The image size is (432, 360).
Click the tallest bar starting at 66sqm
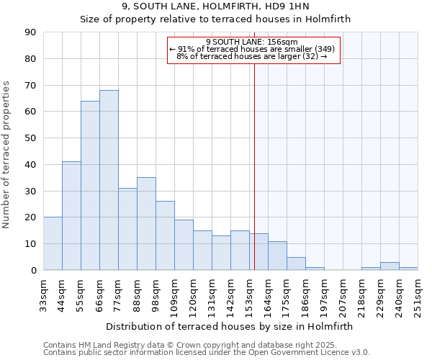(109, 180)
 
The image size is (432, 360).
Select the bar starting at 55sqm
(90, 186)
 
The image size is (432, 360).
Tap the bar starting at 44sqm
(71, 216)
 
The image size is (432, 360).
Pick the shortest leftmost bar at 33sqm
(53, 243)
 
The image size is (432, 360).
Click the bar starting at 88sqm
(146, 224)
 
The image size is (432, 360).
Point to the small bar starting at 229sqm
(390, 266)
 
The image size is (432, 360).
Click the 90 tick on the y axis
(30, 32)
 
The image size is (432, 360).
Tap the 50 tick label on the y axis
(30, 138)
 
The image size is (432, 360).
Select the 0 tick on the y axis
(33, 270)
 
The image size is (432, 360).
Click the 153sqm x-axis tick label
(249, 293)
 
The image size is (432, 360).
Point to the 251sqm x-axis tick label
(418, 293)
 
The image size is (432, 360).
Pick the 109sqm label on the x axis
(174, 293)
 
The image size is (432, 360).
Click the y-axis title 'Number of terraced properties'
(7, 155)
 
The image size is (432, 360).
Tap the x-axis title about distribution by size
(230, 326)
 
